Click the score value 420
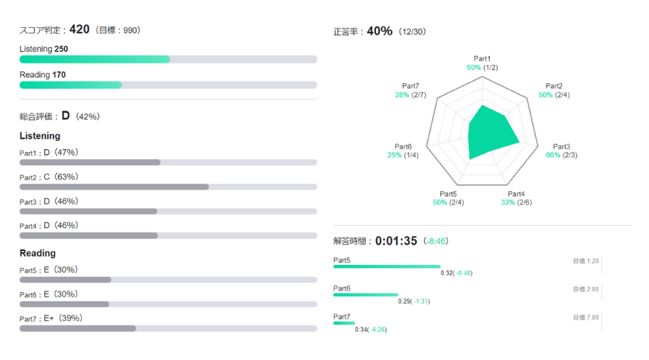[x=79, y=30]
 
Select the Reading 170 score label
[x=42, y=75]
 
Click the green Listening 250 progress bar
[x=94, y=59]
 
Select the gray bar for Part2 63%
[x=114, y=187]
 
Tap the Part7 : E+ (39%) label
[x=51, y=318]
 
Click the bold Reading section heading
[x=38, y=253]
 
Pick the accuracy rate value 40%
[x=379, y=31]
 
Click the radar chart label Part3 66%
[x=561, y=151]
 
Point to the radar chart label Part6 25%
[x=403, y=151]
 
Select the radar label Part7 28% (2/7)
[x=411, y=91]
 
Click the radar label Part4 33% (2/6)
[x=516, y=198]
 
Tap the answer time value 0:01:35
[x=396, y=240]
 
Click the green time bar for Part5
[x=386, y=266]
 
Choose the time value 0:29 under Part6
[x=404, y=301]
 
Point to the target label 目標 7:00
[x=586, y=317]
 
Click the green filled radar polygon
[x=489, y=133]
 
